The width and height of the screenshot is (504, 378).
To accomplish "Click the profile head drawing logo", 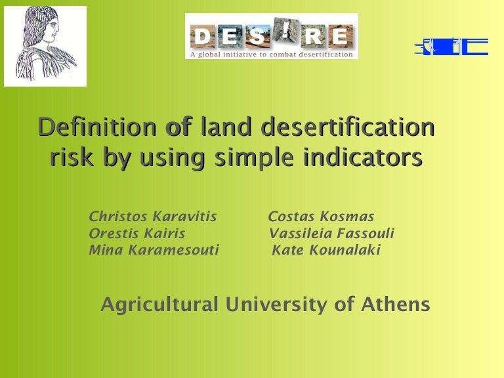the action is tap(45, 46).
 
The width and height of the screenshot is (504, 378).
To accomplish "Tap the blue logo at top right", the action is tap(451, 47).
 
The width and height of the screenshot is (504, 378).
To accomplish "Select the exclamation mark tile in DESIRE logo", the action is tap(285, 30).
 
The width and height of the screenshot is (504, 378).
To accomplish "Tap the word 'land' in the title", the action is tap(226, 127).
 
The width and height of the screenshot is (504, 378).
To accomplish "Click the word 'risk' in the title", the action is tap(72, 157).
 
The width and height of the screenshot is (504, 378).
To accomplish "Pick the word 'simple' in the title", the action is tap(254, 158).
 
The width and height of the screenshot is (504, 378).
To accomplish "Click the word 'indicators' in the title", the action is tap(363, 157).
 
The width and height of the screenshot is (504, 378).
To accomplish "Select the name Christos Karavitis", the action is tap(153, 217).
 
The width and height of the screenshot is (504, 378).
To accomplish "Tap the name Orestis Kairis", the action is tap(137, 234).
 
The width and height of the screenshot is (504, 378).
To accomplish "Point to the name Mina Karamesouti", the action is tap(154, 250).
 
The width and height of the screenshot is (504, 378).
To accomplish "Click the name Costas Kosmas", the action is tap(321, 217).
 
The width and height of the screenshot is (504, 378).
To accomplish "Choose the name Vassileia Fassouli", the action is tap(331, 234).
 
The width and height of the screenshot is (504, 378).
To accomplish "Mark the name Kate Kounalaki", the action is tap(326, 250).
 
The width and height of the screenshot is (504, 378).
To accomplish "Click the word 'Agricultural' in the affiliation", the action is tap(159, 304).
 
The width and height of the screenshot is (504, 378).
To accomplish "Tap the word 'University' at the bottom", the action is tap(276, 304).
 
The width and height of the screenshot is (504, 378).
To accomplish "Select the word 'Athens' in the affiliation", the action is tap(395, 304).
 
